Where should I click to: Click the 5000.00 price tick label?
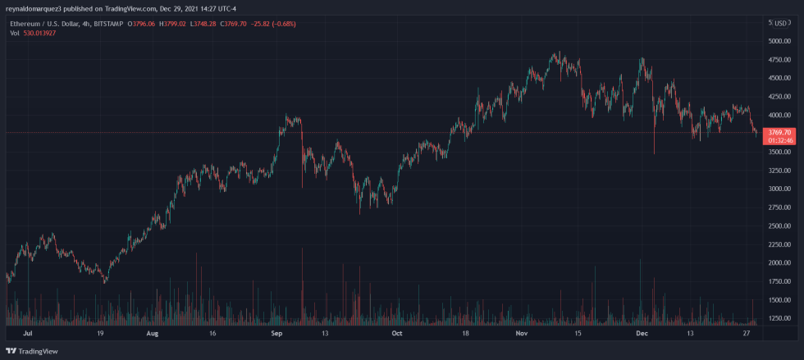point(779,40)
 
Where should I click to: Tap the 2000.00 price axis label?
point(779,262)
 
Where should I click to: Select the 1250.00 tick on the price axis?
point(779,318)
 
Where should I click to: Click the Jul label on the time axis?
point(29,334)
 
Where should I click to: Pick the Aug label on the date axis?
point(152,334)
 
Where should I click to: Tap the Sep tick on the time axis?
point(276,334)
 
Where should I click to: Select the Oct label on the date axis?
point(396,334)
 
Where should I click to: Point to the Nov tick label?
point(521,334)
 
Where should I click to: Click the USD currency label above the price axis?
point(781,21)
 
